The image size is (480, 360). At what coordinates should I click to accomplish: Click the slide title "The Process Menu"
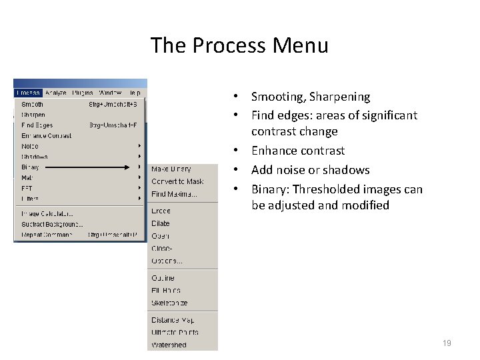pyautogui.click(x=239, y=45)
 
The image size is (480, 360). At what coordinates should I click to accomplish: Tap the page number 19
pyautogui.click(x=447, y=343)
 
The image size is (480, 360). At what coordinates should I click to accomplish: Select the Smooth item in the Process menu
pyautogui.click(x=33, y=104)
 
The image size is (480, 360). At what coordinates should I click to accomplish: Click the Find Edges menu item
pyautogui.click(x=37, y=125)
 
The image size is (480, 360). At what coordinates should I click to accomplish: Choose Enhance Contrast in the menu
pyautogui.click(x=47, y=135)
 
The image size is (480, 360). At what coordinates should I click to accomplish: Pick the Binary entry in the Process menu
pyautogui.click(x=31, y=167)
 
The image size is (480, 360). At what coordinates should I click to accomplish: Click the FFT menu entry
pyautogui.click(x=27, y=188)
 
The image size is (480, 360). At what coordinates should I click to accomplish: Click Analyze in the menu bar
pyautogui.click(x=56, y=93)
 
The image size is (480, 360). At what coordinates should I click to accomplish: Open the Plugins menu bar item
pyautogui.click(x=83, y=93)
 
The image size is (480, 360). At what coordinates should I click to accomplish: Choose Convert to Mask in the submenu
pyautogui.click(x=177, y=181)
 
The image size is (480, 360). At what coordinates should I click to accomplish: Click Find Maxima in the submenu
pyautogui.click(x=174, y=194)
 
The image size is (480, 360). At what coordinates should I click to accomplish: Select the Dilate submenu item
pyautogui.click(x=161, y=223)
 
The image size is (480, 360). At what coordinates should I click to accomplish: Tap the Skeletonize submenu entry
pyautogui.click(x=169, y=303)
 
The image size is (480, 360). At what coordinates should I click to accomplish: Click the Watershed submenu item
pyautogui.click(x=169, y=345)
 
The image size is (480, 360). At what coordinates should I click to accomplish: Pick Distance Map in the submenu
pyautogui.click(x=173, y=320)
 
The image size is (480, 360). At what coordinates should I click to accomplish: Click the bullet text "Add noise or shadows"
pyautogui.click(x=310, y=170)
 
